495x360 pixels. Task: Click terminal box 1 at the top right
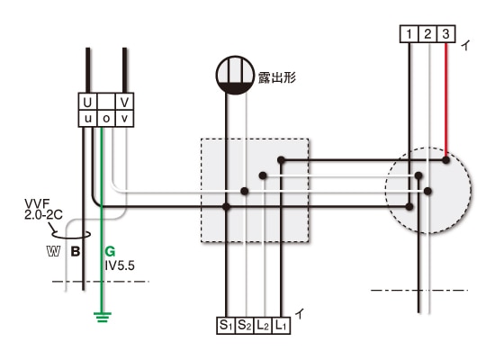tap(409, 34)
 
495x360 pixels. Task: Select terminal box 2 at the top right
tap(427, 34)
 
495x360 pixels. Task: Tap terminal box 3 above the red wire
tap(445, 34)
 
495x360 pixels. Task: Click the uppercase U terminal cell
tap(87, 102)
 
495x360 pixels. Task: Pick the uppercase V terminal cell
tap(125, 102)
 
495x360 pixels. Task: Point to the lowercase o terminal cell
tap(106, 119)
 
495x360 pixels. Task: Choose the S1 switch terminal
tap(226, 325)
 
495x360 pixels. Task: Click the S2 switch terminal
tap(244, 325)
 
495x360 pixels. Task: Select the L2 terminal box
tap(263, 325)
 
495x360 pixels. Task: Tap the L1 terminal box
tap(281, 325)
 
